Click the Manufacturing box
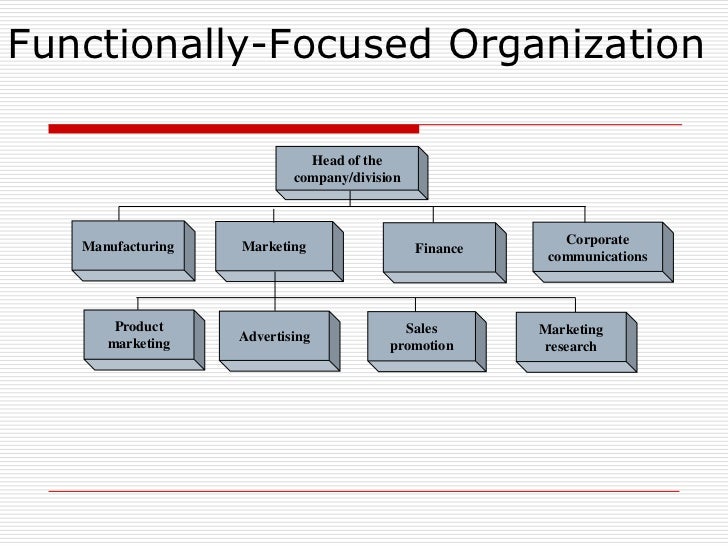128,246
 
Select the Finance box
439,248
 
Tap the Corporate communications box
597,248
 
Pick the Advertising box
275,337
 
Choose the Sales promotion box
422,337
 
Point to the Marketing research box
571,338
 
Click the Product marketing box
139,335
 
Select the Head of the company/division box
347,169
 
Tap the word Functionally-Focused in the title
220,45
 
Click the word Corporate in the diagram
597,240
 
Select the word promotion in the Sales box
422,346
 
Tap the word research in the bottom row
571,347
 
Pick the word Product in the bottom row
139,326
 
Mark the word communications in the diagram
597,257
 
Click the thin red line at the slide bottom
364,491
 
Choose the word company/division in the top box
347,178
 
